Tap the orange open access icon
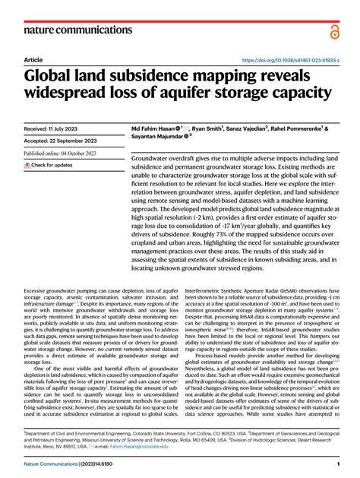[x=335, y=31]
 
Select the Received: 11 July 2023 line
[x=58, y=130]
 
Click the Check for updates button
[x=49, y=164]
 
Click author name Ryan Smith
[x=221, y=130]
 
